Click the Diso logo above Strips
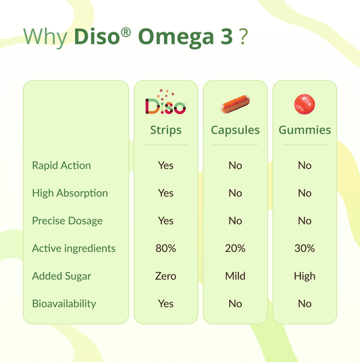click(x=165, y=103)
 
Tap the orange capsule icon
click(x=235, y=105)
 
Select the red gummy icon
click(x=305, y=104)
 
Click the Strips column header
click(x=165, y=130)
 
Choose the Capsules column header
click(x=235, y=130)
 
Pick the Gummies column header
click(x=305, y=130)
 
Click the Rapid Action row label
click(x=61, y=165)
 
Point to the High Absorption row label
click(x=70, y=193)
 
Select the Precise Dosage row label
click(x=67, y=221)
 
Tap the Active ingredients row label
click(x=74, y=249)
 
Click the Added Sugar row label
click(x=61, y=276)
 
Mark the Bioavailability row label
click(x=64, y=304)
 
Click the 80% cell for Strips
click(x=165, y=249)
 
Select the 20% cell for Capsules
click(x=235, y=249)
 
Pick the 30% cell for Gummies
click(x=305, y=249)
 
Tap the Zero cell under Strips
click(x=165, y=276)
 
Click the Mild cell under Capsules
click(x=235, y=276)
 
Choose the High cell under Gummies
click(x=305, y=276)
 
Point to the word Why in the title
click(x=45, y=37)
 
